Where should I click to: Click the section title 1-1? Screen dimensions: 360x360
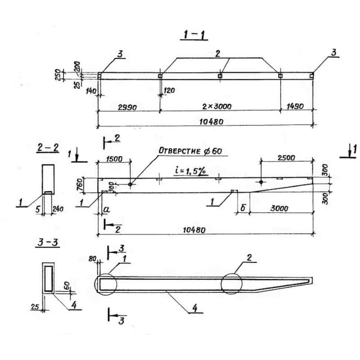pos(193,35)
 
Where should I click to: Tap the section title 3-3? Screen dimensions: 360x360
pos(47,243)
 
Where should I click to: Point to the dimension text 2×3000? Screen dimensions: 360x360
pos(219,107)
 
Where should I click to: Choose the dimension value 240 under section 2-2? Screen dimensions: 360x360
pos(58,209)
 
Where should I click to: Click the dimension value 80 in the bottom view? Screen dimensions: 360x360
pos(93,259)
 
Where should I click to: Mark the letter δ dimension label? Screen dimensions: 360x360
pos(243,209)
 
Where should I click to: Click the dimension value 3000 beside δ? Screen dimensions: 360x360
pos(279,209)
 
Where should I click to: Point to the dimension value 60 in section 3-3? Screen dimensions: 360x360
pos(66,286)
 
